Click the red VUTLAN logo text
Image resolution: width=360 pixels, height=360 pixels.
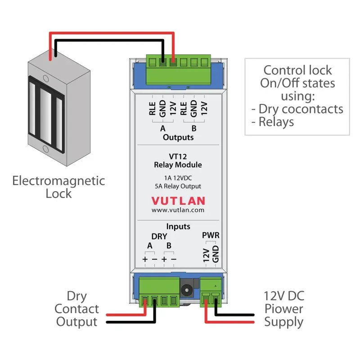tap(178, 200)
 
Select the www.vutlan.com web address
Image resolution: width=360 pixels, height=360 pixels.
tap(178, 210)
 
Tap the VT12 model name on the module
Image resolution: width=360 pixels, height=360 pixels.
tap(178, 157)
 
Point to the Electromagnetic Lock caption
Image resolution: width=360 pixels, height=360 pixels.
tap(58, 187)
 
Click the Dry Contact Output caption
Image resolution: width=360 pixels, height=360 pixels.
tap(76, 309)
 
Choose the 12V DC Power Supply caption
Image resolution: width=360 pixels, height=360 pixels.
tap(283, 309)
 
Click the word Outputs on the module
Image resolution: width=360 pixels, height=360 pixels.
tap(178, 137)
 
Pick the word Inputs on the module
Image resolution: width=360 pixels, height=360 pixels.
tap(178, 226)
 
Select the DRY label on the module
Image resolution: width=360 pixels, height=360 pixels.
tap(159, 236)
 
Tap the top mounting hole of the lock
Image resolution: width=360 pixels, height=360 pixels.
tap(45, 78)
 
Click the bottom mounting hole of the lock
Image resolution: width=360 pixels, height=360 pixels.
tap(45, 149)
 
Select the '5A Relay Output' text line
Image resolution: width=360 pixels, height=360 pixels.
tap(178, 186)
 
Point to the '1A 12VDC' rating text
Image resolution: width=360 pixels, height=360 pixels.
tap(178, 177)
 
